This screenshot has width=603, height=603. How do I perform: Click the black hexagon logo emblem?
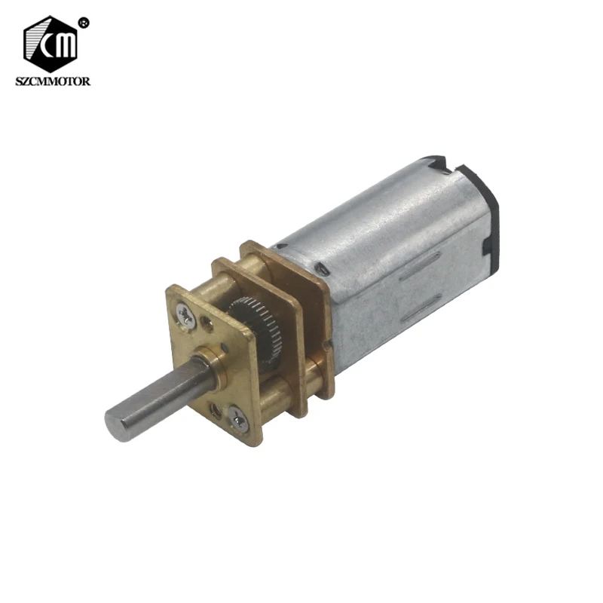click(x=51, y=44)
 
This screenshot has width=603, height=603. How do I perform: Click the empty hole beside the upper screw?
click(x=207, y=326)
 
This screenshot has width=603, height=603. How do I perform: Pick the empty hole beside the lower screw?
click(x=219, y=408)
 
